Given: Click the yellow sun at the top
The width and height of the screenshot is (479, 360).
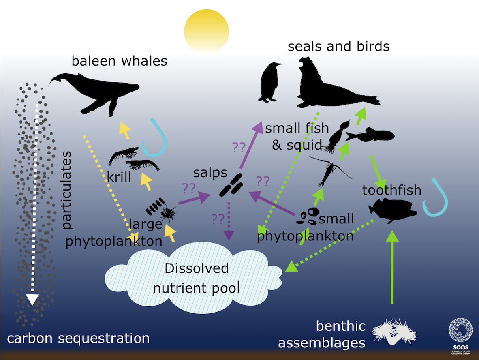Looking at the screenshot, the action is (x=206, y=31).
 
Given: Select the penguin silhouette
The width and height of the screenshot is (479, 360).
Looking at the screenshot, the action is (x=270, y=82).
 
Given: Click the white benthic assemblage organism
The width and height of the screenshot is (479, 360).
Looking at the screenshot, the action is (x=394, y=332).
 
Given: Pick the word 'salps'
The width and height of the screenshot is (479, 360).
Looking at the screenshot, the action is (x=210, y=173).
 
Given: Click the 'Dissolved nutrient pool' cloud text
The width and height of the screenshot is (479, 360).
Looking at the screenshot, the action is (x=197, y=278).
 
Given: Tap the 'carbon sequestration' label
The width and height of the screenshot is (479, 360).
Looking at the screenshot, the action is (x=78, y=339).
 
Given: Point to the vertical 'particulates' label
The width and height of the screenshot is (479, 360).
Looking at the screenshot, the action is (x=66, y=190).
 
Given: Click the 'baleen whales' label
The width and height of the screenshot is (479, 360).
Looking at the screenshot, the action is (x=119, y=61).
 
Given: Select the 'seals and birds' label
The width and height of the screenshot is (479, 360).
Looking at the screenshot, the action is (x=338, y=47).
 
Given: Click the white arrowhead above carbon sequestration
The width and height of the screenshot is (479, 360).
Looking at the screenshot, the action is (x=32, y=300).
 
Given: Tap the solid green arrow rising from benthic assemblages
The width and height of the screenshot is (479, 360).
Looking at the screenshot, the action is (x=392, y=268).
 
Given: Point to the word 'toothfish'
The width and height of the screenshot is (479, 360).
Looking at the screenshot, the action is (x=391, y=190).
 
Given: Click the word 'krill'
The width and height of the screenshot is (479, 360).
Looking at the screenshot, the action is (x=119, y=177).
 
